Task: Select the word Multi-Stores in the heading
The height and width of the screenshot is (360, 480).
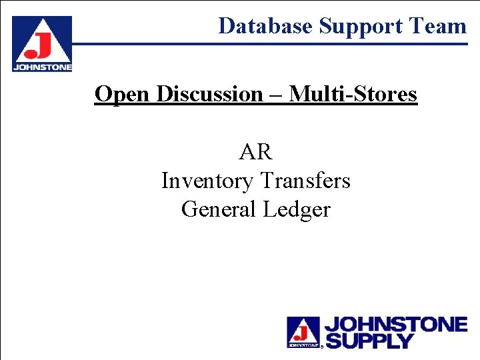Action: tap(353, 94)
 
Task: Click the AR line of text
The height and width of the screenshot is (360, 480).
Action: tap(256, 152)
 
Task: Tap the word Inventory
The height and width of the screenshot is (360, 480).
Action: tap(207, 181)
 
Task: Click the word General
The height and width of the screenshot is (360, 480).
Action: tap(219, 209)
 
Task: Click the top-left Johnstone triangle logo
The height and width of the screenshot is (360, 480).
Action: tap(41, 40)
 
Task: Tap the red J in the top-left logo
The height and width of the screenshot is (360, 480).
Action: tap(41, 47)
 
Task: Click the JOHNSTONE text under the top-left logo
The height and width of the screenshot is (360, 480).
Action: tap(41, 67)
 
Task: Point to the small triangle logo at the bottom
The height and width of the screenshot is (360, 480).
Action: tap(303, 331)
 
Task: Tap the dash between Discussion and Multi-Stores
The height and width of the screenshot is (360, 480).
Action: tap(277, 95)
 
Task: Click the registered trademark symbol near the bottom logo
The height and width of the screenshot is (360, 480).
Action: tap(323, 347)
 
